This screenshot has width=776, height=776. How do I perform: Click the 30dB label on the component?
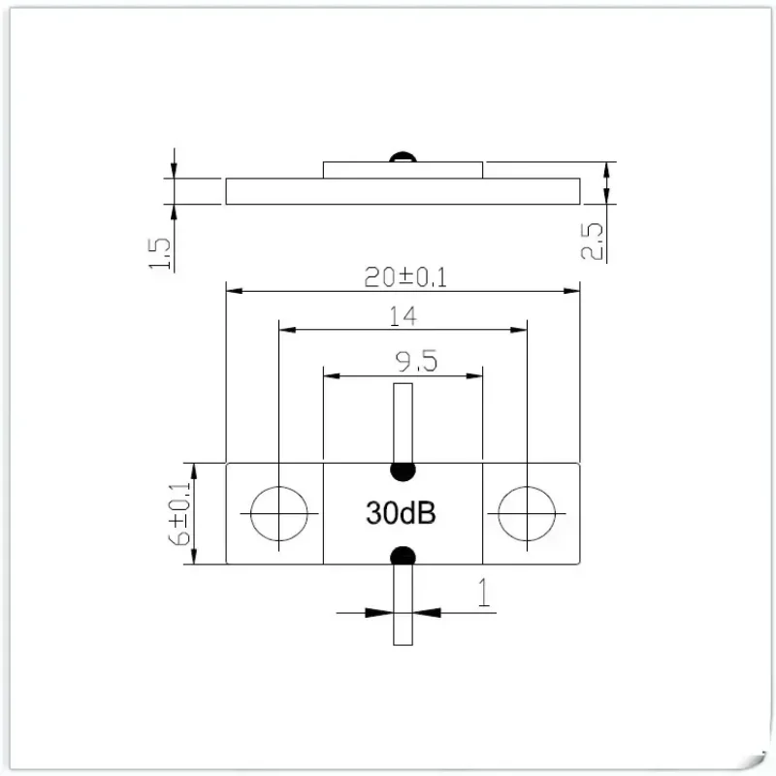(x=401, y=513)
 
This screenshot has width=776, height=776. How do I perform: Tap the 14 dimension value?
(x=402, y=316)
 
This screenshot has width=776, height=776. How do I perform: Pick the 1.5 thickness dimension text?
(x=160, y=253)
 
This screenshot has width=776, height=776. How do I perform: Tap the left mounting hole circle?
(x=278, y=513)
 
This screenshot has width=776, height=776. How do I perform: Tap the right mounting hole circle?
(x=527, y=513)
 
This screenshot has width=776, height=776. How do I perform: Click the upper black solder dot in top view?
(x=403, y=470)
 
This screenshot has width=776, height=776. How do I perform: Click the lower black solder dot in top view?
(x=403, y=556)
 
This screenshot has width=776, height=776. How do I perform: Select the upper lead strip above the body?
(x=403, y=422)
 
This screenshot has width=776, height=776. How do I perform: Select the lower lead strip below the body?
(x=403, y=606)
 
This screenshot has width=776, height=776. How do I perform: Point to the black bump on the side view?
(x=401, y=157)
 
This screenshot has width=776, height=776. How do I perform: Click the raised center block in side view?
(x=403, y=171)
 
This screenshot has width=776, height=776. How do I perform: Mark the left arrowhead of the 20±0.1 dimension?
(x=233, y=289)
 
